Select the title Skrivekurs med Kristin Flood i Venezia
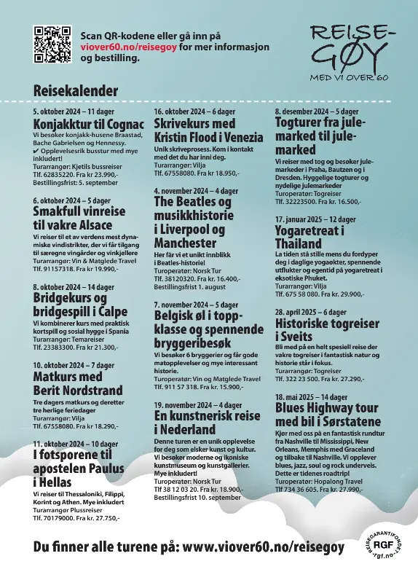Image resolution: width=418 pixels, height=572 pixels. click(208, 130)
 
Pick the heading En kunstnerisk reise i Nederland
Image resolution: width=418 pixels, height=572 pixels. click(206, 423)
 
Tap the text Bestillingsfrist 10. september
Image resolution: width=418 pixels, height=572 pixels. click(197, 498)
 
